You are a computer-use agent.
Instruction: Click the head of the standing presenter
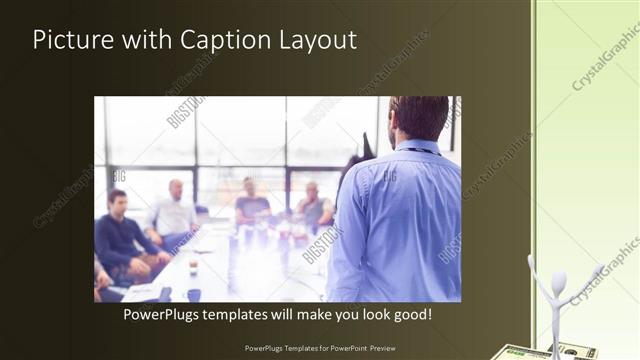(419, 117)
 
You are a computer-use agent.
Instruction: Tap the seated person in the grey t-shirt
(251, 204)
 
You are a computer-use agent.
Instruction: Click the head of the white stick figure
(558, 282)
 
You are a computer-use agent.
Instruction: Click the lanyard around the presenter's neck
(420, 152)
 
